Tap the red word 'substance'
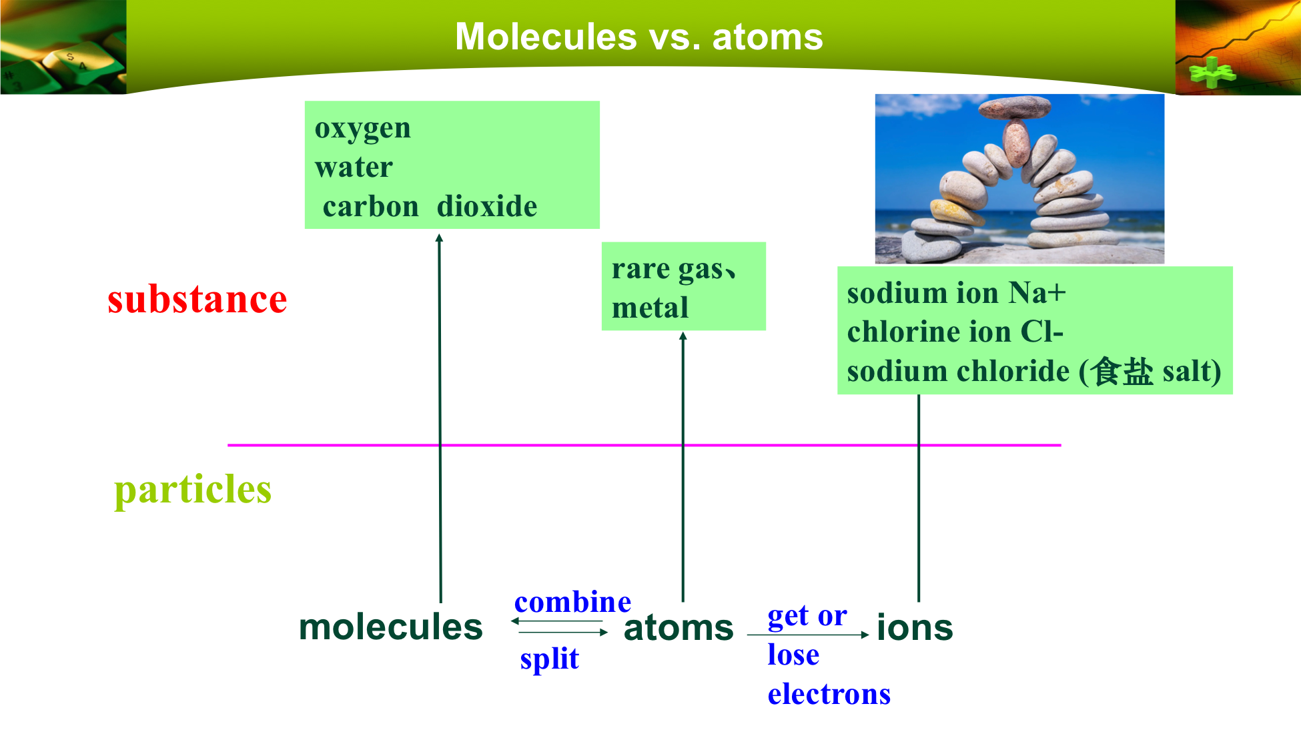(197, 299)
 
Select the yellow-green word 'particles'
(193, 490)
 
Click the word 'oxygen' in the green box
(363, 128)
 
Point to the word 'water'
(354, 167)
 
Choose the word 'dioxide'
(487, 206)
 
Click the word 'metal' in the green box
(650, 308)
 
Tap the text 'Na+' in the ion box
(1037, 292)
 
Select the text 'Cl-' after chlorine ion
(1042, 332)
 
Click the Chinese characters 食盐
(1123, 371)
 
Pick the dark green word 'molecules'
(391, 627)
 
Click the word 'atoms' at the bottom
(679, 628)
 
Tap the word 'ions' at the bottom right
(915, 627)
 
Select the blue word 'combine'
(572, 602)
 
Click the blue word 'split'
(549, 658)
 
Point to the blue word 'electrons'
(829, 694)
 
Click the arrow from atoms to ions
(808, 635)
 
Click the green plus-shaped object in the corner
(1211, 73)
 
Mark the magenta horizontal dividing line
(644, 444)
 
